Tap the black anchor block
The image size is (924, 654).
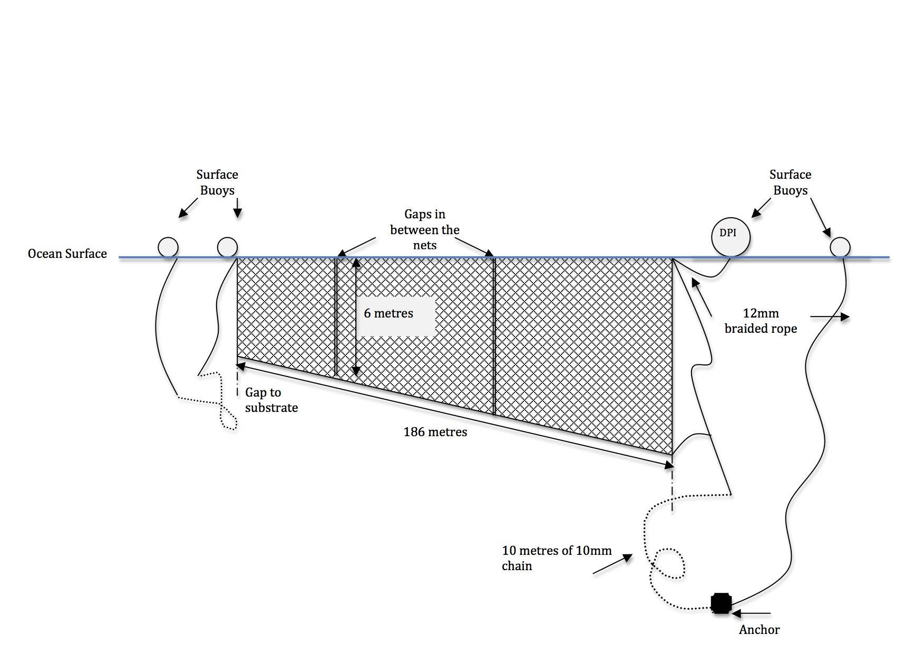[x=721, y=603]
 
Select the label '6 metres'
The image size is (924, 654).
[x=388, y=313]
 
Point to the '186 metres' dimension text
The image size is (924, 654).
[x=435, y=432]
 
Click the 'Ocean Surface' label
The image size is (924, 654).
[x=67, y=254]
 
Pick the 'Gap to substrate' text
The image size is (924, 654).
[x=271, y=400]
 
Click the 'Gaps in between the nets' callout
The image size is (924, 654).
[x=424, y=229]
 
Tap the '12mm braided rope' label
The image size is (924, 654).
[x=761, y=321]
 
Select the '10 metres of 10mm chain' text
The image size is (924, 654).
[x=556, y=558]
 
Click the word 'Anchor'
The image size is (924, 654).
[x=759, y=629]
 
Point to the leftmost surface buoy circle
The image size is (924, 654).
[x=168, y=247]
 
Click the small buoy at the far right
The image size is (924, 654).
[x=840, y=247]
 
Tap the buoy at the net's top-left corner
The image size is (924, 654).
[x=228, y=247]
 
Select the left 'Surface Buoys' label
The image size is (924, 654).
[x=217, y=182]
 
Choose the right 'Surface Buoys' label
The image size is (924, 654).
[x=790, y=182]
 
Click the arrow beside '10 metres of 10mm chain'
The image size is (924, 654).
[x=613, y=564]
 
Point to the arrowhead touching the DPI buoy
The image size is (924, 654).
[x=756, y=213]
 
